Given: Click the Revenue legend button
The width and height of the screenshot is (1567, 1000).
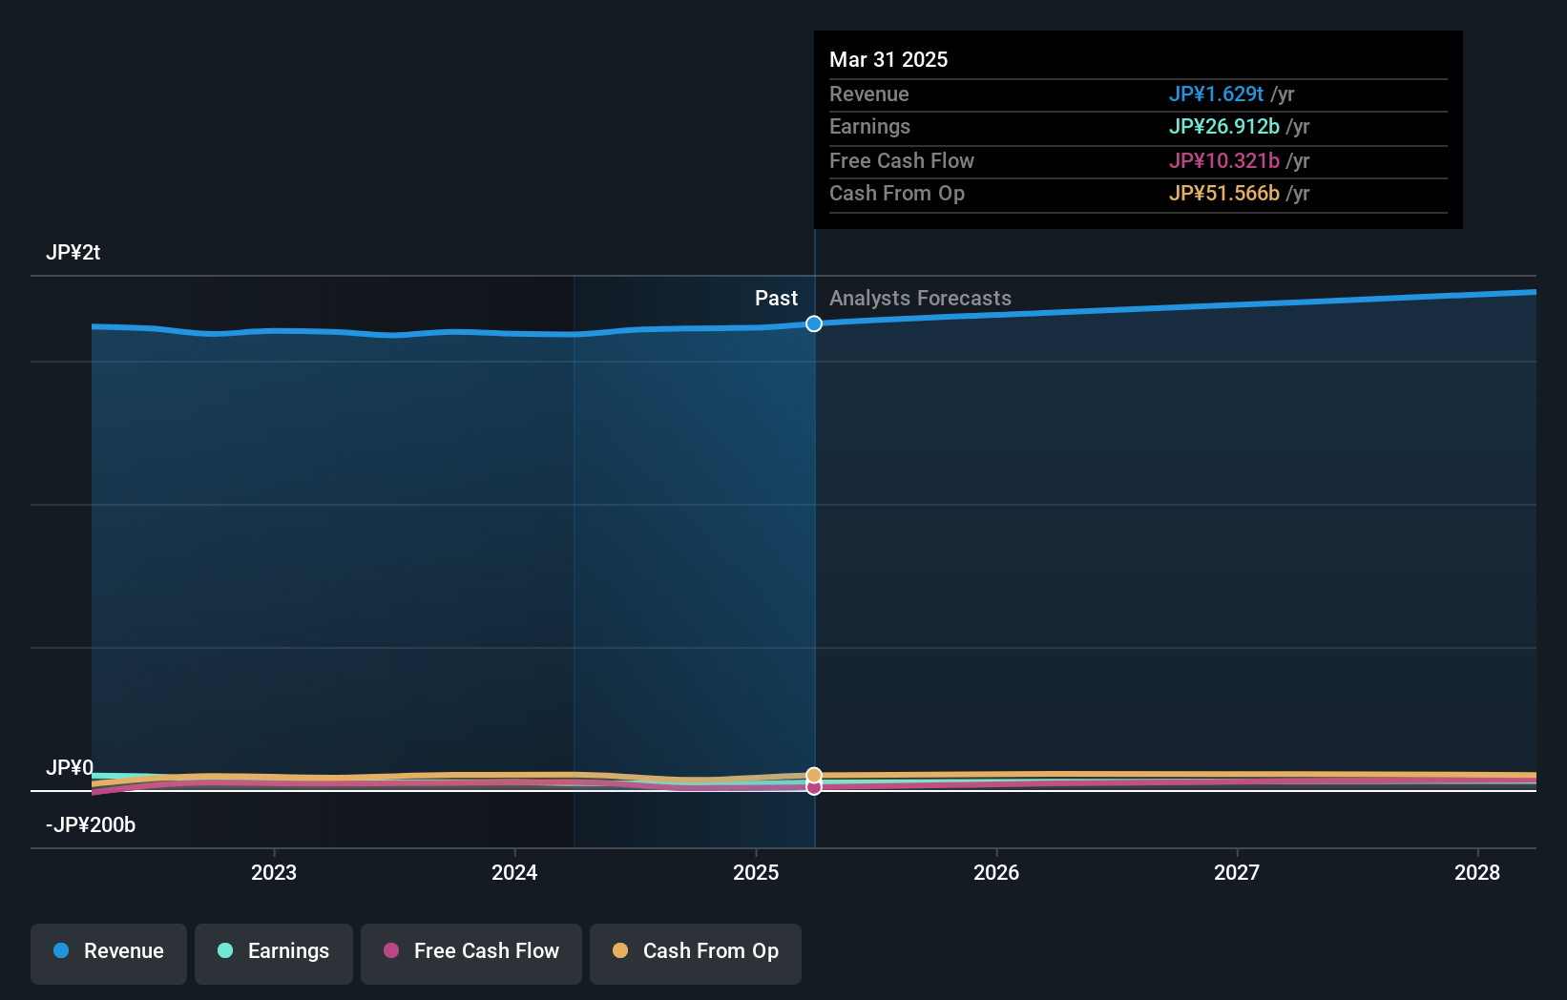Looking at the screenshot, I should point(109,951).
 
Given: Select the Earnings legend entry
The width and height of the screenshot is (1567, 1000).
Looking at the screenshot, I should point(274,951).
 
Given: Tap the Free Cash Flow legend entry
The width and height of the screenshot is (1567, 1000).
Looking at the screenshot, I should point(471,951).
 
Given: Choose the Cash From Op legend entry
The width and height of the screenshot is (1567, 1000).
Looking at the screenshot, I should point(696,951).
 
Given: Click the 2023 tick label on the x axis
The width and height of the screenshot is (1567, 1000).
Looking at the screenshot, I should point(274,872).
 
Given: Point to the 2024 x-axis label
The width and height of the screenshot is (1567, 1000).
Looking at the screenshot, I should point(514,872).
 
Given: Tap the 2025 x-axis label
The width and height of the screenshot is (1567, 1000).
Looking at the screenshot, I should point(756,872).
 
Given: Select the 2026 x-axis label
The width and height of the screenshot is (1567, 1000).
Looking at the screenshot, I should point(996,872).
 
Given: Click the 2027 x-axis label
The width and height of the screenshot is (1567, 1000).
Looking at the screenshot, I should point(1237,872).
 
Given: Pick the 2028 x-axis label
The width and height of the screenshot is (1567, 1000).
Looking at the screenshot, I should point(1477,872).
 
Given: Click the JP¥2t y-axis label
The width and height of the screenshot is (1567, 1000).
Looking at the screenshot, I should point(73,252).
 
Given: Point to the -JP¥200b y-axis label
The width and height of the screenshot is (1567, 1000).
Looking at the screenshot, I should point(91,824).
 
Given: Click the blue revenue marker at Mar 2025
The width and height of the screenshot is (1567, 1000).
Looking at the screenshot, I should point(814,323).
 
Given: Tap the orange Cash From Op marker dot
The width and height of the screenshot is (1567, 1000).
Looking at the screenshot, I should point(814,775).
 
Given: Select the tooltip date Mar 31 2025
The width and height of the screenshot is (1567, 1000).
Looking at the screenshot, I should point(888,59).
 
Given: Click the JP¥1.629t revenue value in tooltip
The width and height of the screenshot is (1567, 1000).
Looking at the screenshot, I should point(1216,94).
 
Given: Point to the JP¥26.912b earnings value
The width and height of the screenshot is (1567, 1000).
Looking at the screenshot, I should point(1223,126).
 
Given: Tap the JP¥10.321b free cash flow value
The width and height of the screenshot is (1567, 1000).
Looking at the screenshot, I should point(1223,160).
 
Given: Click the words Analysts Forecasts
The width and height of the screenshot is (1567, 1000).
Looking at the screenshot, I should point(920,298).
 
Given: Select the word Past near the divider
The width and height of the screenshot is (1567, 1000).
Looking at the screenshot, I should point(776,298).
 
